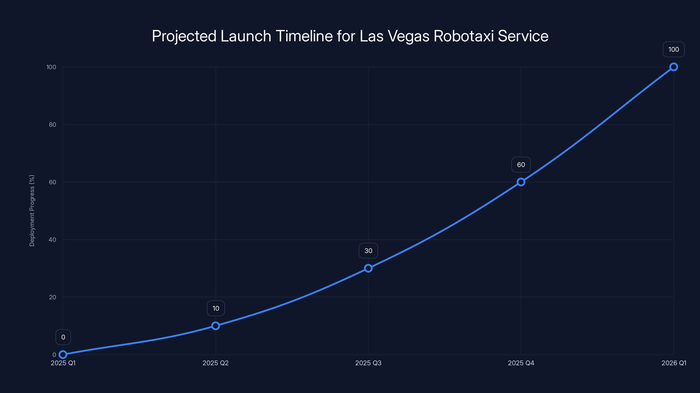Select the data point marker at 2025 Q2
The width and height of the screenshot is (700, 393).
click(215, 326)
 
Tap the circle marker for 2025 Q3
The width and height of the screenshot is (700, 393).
click(368, 268)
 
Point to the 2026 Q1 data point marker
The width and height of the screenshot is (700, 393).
click(674, 67)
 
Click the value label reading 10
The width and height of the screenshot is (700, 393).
click(216, 308)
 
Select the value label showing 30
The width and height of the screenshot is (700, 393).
click(368, 251)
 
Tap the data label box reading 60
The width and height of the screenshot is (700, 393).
click(521, 165)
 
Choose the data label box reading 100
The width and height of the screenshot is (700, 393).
click(674, 49)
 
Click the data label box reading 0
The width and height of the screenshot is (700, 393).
click(63, 337)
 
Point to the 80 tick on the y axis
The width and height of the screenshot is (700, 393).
click(52, 124)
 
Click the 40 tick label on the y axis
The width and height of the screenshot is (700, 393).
click(52, 240)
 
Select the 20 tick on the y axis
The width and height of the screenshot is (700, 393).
click(52, 297)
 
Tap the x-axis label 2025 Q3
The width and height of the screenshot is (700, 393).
click(368, 363)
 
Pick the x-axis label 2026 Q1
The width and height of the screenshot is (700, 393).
click(674, 363)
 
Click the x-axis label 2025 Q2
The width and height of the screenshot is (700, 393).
click(215, 363)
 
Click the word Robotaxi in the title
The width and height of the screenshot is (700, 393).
click(464, 36)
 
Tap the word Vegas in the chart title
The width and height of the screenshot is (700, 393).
click(408, 36)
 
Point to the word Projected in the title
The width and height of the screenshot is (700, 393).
click(184, 36)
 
